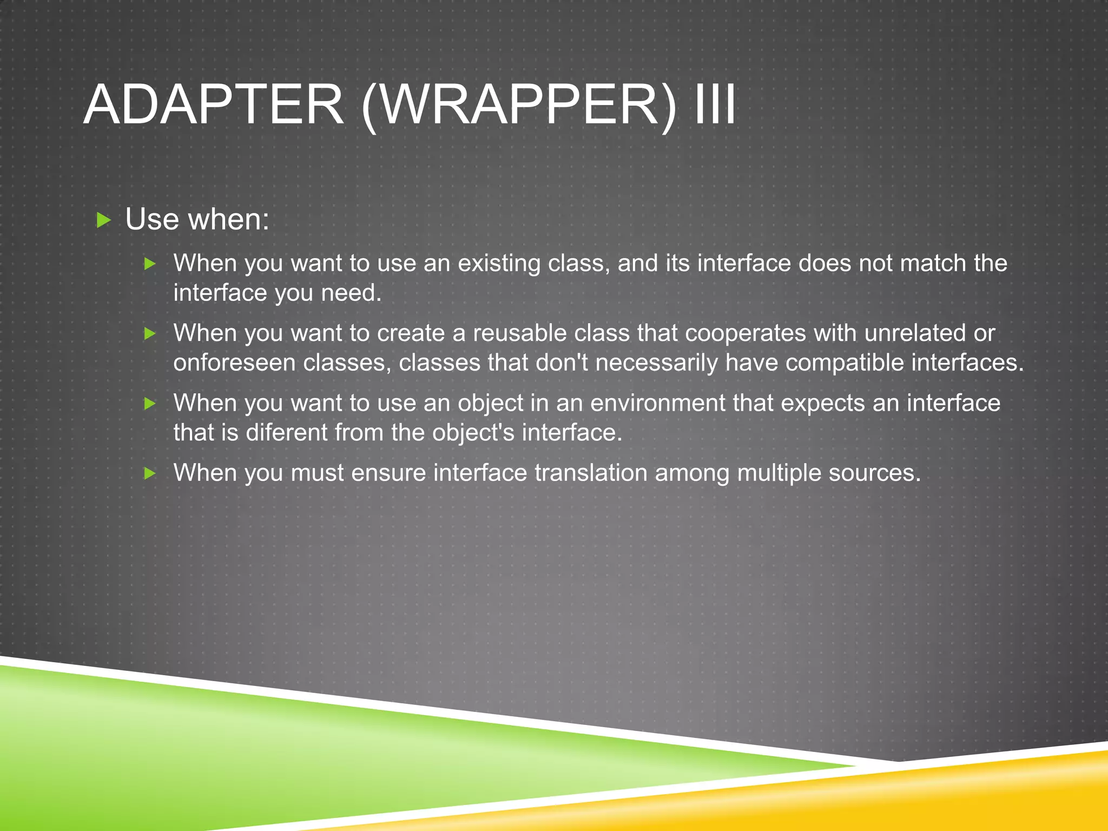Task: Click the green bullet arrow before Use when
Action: click(x=103, y=220)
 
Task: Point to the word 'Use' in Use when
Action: click(x=151, y=220)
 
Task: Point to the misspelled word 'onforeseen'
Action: click(x=234, y=363)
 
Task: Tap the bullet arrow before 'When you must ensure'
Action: click(x=150, y=474)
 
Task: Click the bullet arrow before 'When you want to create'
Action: click(x=150, y=334)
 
